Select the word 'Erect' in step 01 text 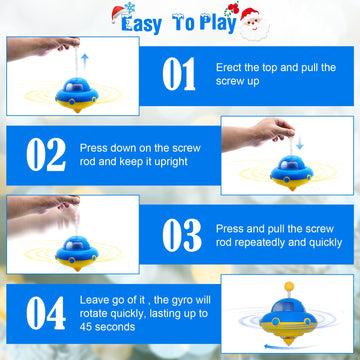[x=230, y=66]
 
